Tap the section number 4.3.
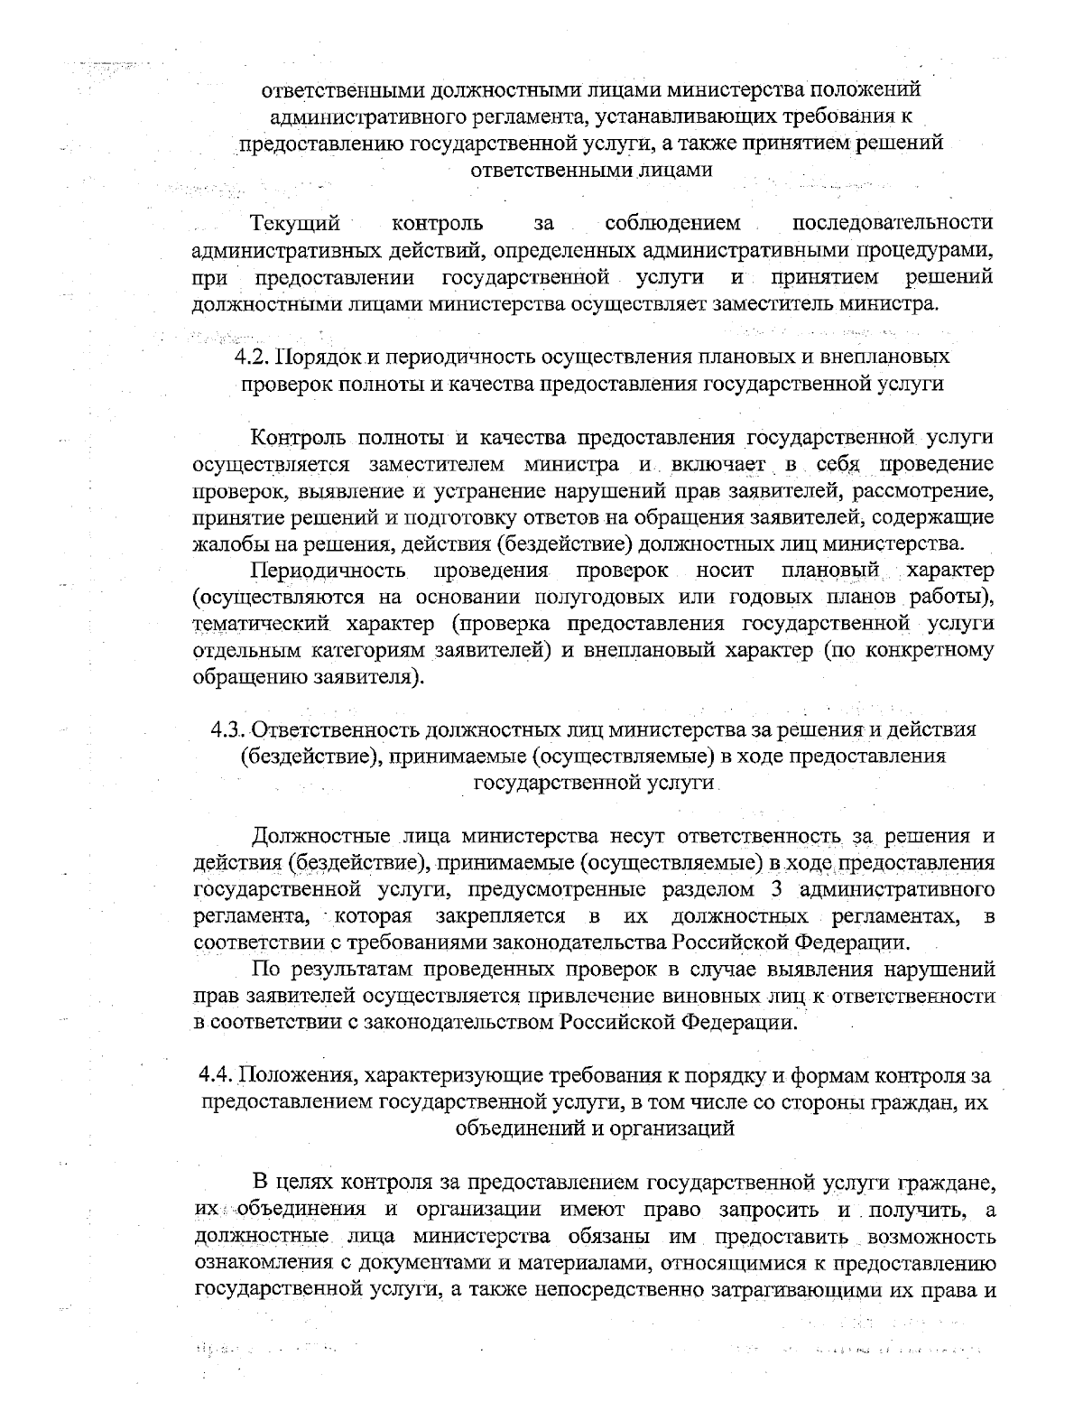[227, 729]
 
